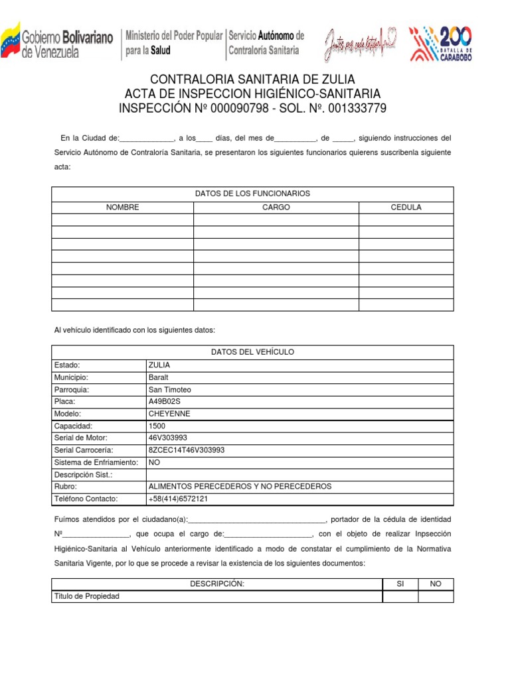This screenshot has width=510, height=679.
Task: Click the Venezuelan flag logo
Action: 11,41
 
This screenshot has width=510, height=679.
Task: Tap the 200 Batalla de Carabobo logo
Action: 441,42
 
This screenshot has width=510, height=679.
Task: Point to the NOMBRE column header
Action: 123,208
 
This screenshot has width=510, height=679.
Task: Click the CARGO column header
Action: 276,208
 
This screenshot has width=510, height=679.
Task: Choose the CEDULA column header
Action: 406,208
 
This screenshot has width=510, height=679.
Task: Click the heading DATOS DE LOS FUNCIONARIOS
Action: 252,194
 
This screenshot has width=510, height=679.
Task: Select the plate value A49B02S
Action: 165,401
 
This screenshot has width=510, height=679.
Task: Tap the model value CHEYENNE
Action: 169,414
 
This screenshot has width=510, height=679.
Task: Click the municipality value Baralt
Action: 159,377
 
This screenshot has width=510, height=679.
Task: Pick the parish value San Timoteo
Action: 170,389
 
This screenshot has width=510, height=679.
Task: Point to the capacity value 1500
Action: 157,426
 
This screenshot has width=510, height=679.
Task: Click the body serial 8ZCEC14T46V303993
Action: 187,450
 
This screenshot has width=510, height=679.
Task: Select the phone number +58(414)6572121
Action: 178,498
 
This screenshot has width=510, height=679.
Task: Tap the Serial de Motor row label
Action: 80,438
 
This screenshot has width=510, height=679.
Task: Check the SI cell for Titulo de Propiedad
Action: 400,597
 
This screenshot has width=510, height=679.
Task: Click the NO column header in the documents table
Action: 436,584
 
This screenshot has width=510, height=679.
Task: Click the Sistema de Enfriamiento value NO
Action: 155,462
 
